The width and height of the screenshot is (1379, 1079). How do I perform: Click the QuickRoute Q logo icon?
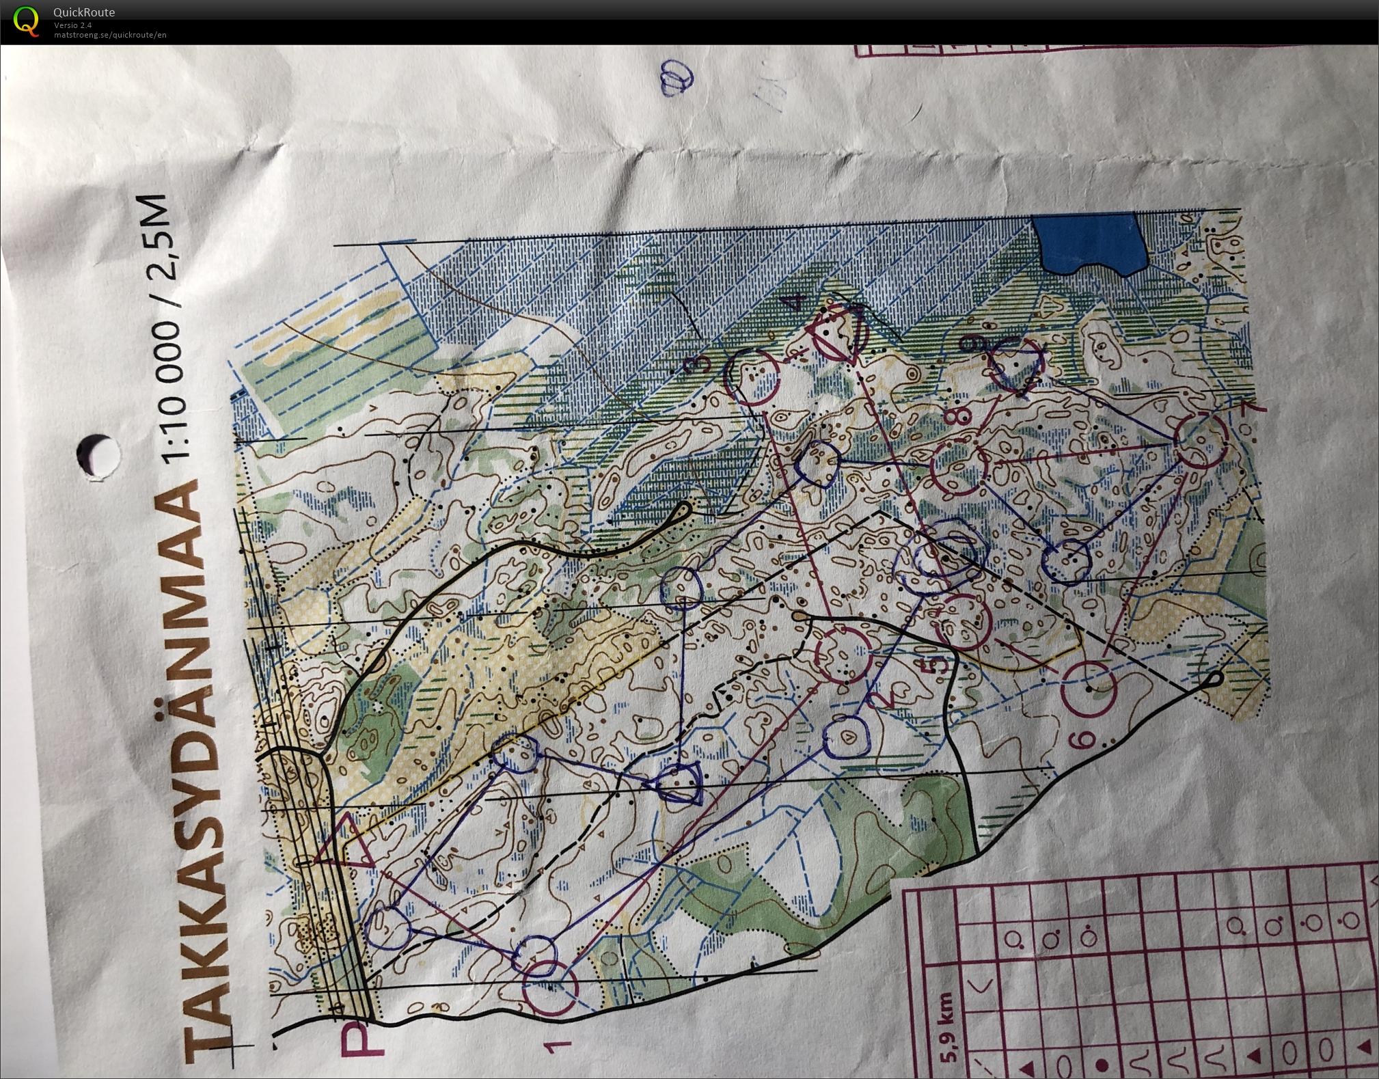pos(26,21)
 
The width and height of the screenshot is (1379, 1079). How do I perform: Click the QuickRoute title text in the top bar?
pos(84,12)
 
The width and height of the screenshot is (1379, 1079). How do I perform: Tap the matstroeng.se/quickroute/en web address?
pos(110,35)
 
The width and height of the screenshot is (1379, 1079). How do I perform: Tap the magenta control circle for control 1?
pos(550,988)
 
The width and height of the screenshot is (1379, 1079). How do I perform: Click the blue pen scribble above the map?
pos(677,78)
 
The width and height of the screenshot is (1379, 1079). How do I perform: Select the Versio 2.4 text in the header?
pos(73,25)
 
